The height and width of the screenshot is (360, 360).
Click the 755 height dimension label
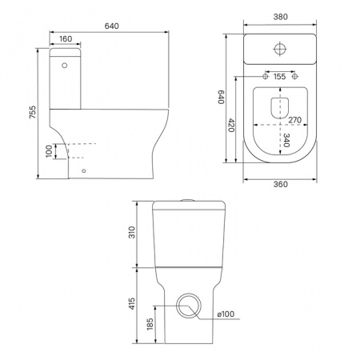coord(32,112)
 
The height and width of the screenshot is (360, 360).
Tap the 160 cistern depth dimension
coord(66,39)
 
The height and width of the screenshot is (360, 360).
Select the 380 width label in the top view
coord(281,17)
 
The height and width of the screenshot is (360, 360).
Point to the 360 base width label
coord(281,184)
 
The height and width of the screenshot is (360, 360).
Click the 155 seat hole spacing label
coord(279,77)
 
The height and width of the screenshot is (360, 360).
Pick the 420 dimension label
coord(231,126)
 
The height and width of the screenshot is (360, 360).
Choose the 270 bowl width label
coord(295,120)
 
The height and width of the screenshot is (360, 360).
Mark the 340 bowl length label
coord(286,140)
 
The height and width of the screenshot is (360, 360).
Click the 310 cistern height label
coord(132,232)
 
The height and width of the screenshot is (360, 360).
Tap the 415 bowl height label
coord(132,303)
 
